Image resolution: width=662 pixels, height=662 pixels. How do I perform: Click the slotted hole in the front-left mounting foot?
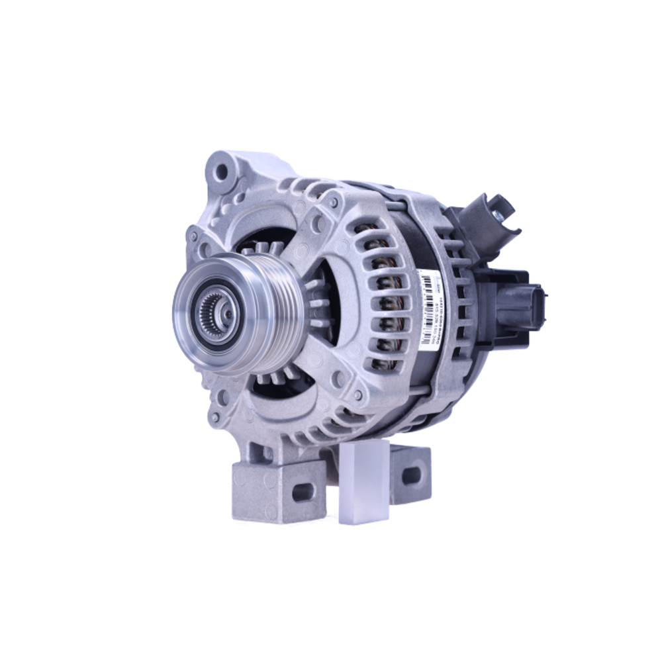click(303, 492)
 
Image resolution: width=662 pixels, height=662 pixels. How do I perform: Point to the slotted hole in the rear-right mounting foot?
click(411, 475)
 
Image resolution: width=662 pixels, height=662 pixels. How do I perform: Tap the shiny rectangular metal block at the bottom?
click(363, 483)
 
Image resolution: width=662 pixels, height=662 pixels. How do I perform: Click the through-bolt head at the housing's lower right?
click(358, 395)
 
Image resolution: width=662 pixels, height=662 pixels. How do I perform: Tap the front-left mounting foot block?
click(278, 490)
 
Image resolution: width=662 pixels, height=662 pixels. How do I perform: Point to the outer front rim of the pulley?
click(185, 311)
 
